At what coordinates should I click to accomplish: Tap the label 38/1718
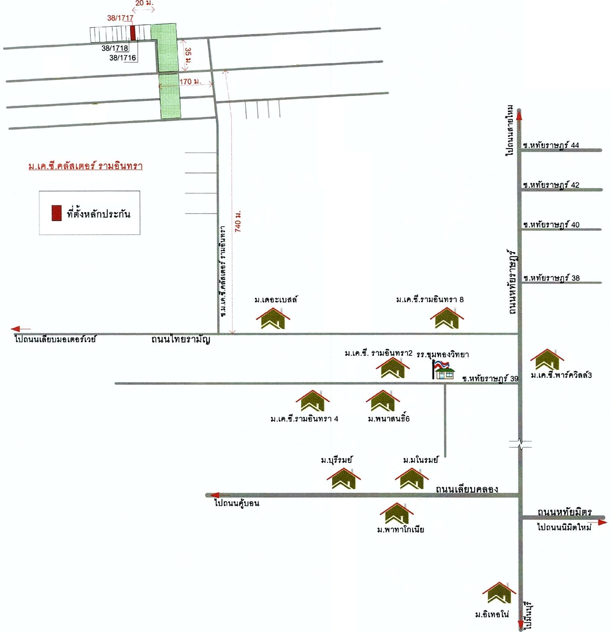(115, 48)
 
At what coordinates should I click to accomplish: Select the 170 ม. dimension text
(190, 82)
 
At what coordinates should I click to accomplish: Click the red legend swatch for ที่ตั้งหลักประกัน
(56, 213)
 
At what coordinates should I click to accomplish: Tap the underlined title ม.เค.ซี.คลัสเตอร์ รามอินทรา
(85, 167)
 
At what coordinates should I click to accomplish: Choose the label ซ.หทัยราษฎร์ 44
(551, 145)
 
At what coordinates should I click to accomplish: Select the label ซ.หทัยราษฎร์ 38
(551, 278)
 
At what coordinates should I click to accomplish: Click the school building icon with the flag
(443, 370)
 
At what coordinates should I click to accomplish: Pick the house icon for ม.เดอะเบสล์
(273, 319)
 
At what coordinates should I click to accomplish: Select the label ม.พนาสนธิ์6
(389, 419)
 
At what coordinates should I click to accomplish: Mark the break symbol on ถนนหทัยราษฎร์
(520, 444)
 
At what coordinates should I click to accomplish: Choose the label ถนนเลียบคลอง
(467, 489)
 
